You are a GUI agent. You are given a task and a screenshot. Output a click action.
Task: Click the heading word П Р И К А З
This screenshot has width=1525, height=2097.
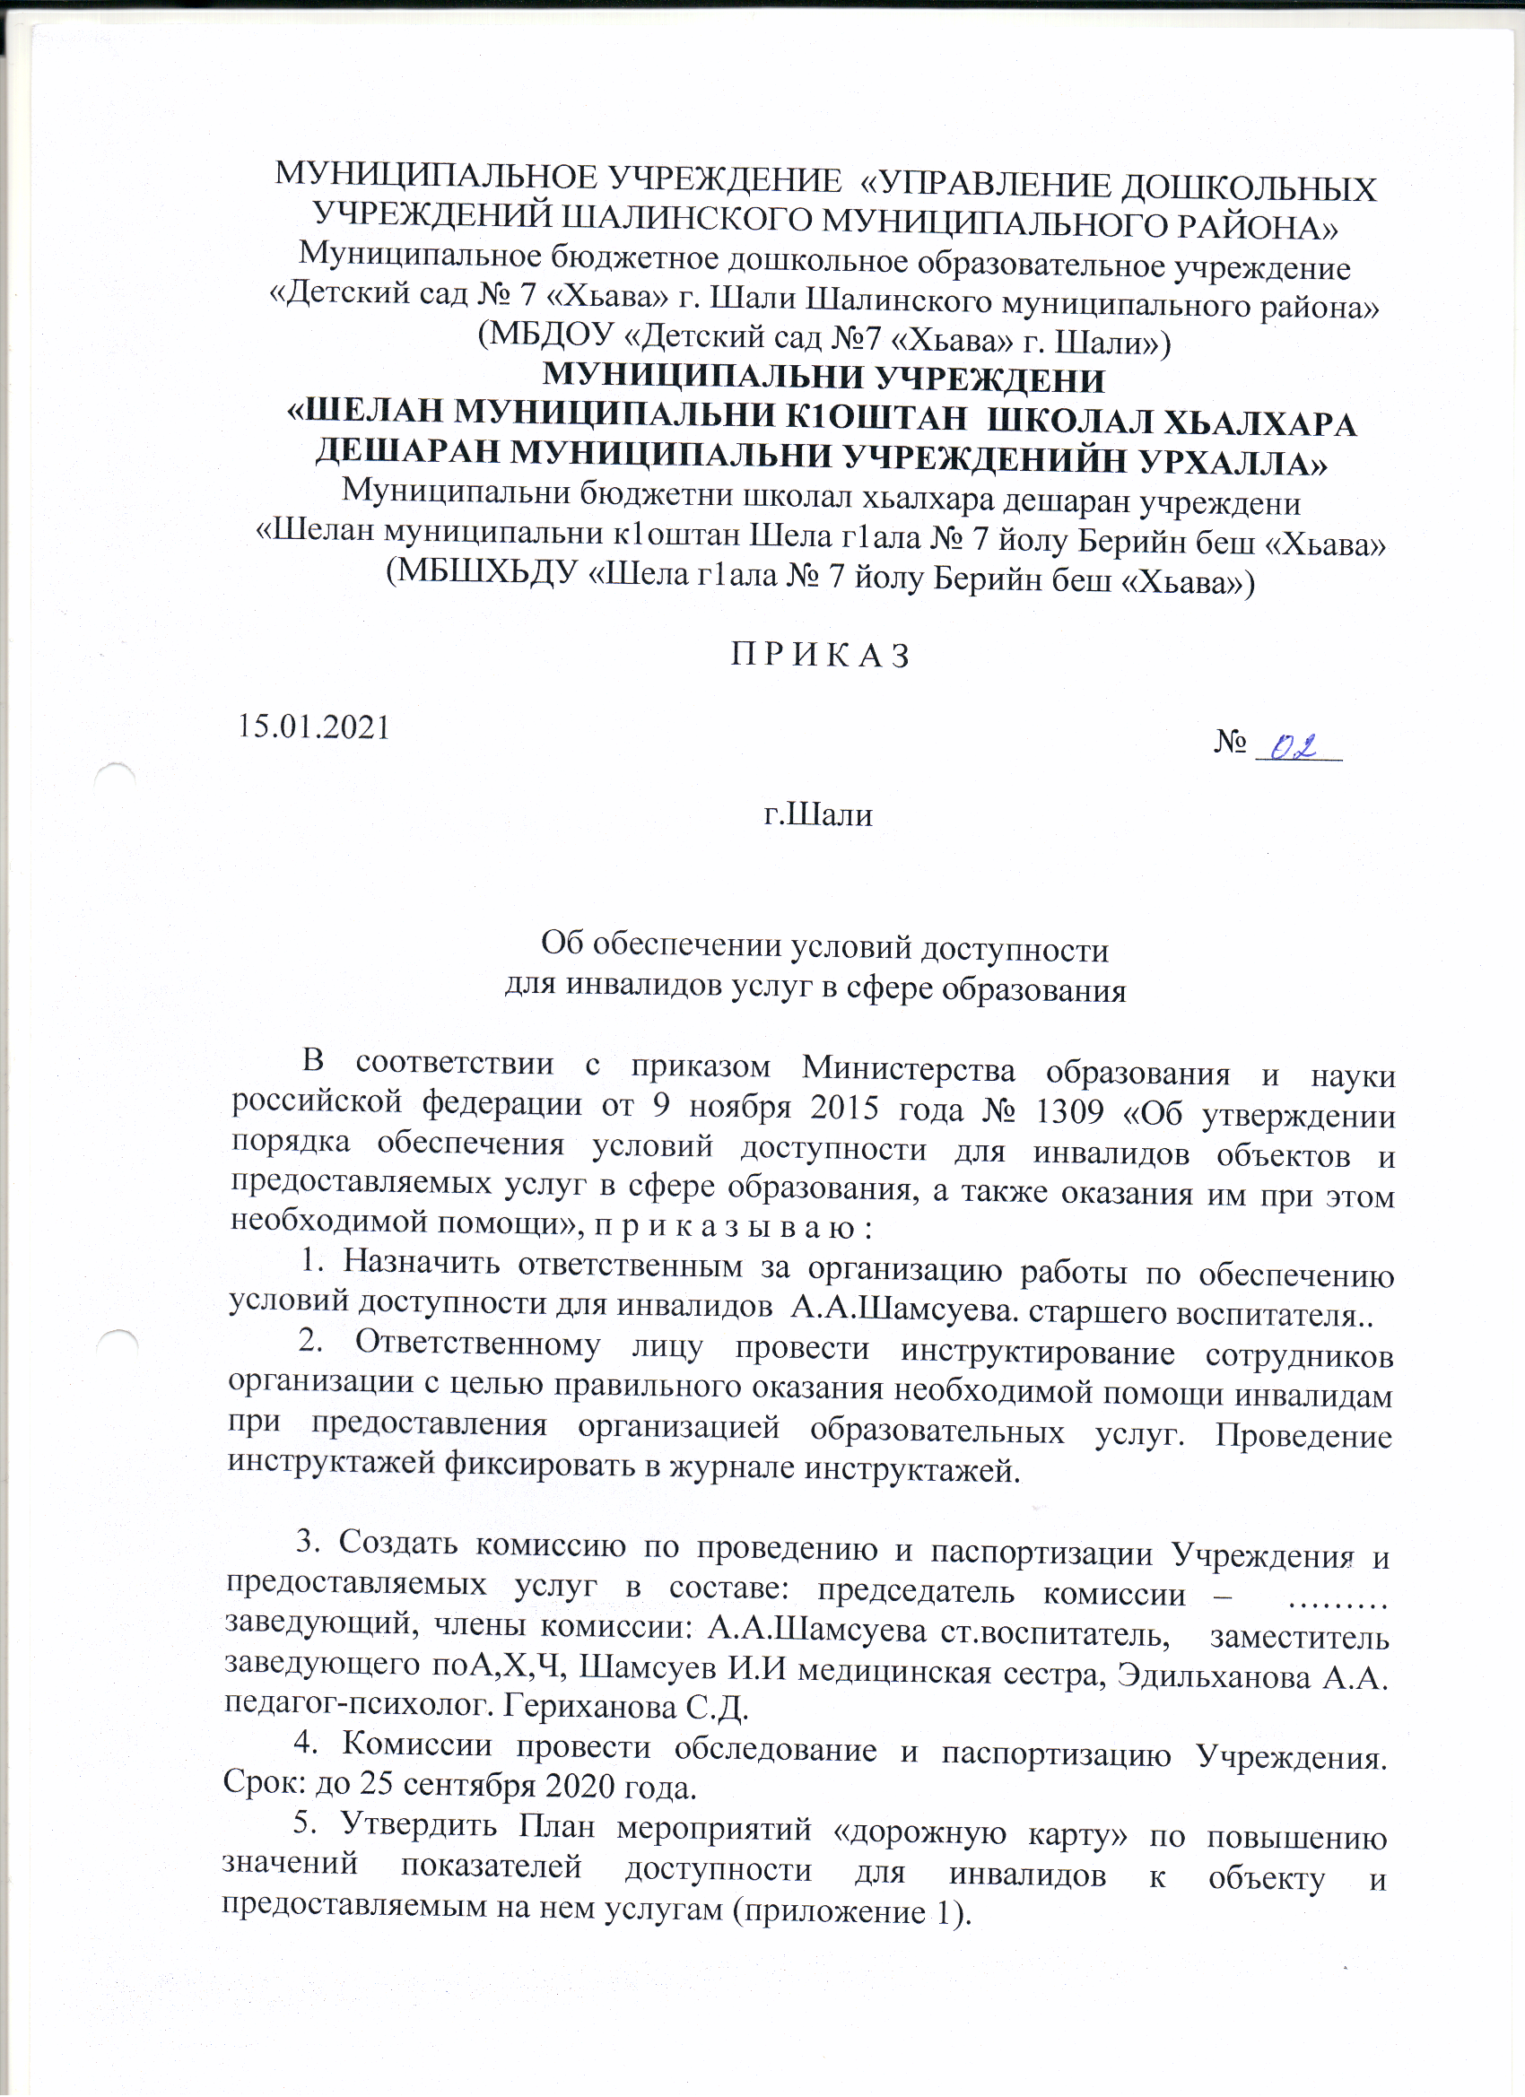tap(820, 656)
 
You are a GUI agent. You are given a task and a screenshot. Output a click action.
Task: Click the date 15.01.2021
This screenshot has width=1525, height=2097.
tap(313, 727)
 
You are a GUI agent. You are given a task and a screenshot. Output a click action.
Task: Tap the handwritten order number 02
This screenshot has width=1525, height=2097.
tap(1294, 748)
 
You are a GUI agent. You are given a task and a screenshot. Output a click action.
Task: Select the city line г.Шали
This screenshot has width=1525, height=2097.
tap(817, 814)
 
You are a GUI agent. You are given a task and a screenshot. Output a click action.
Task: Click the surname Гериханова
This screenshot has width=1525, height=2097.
tap(588, 1707)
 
